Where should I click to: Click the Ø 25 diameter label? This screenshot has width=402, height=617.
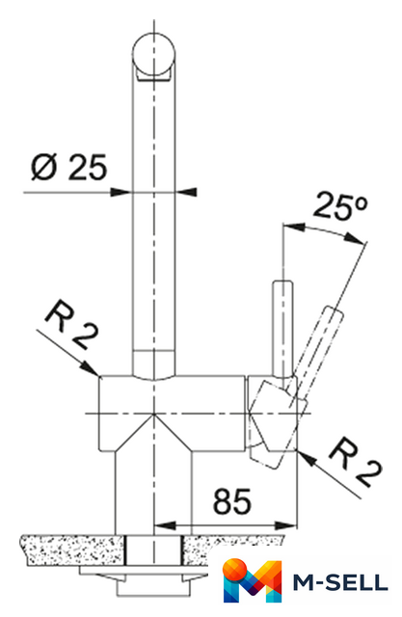[x=68, y=167]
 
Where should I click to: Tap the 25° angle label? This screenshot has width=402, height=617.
[x=340, y=205]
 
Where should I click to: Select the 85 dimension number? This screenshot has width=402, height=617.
[x=231, y=501]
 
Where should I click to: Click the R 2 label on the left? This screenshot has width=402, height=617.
[x=71, y=325]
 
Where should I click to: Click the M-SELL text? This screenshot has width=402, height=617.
[x=340, y=582]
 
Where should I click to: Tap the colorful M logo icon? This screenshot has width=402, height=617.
[x=253, y=579]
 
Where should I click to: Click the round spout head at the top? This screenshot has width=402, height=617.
[x=154, y=56]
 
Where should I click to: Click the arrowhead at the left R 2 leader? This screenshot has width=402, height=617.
[x=90, y=368]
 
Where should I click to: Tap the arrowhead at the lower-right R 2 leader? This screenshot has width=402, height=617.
[x=308, y=458]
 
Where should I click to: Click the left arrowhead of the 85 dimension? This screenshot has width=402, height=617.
[x=165, y=525]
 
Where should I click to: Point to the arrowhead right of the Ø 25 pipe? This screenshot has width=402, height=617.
[x=186, y=192]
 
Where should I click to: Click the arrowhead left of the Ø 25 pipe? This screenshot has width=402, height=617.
[x=121, y=192]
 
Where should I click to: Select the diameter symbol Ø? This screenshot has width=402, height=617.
[x=44, y=167]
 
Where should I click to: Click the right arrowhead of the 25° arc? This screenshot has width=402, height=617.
[x=354, y=238]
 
